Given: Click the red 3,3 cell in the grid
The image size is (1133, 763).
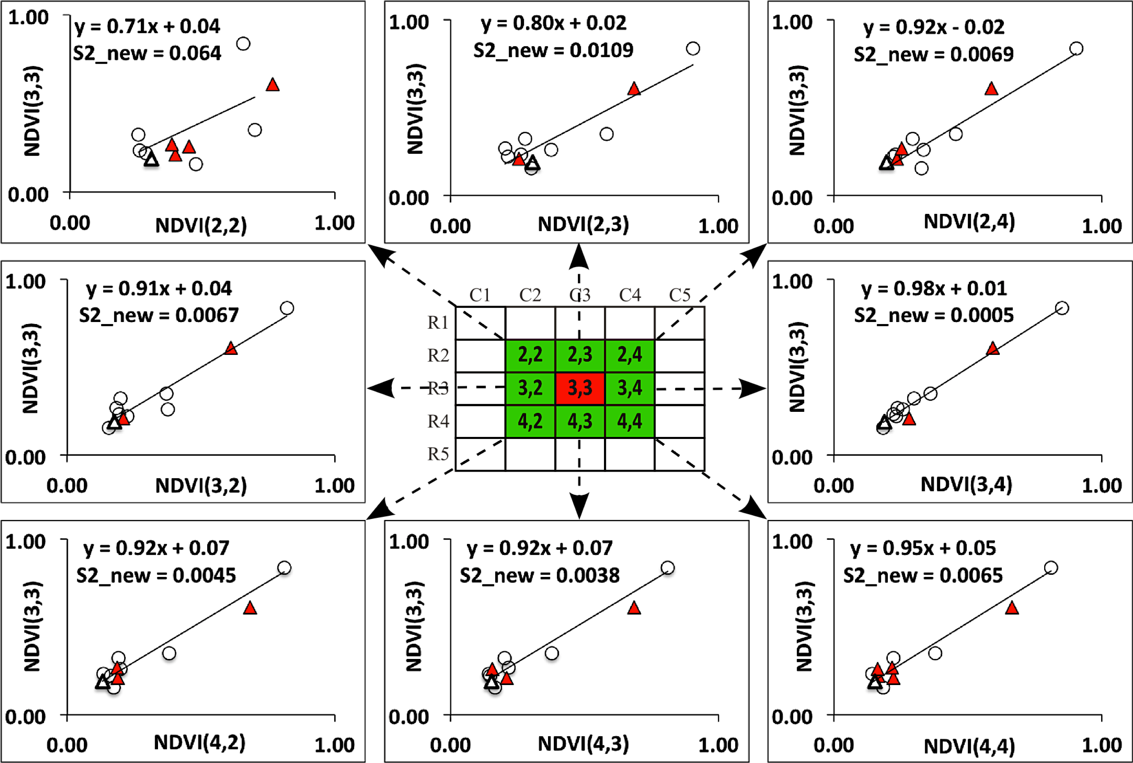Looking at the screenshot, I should pos(580,388).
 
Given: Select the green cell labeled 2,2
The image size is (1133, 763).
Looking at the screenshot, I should pos(530,355).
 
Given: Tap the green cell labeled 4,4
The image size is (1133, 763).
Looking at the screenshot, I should pos(630,421).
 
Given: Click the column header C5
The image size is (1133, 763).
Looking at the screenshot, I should pos(679,295).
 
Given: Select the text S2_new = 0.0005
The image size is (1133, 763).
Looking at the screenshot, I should pos(934,315).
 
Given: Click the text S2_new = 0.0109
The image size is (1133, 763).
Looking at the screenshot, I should pos(553,50).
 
